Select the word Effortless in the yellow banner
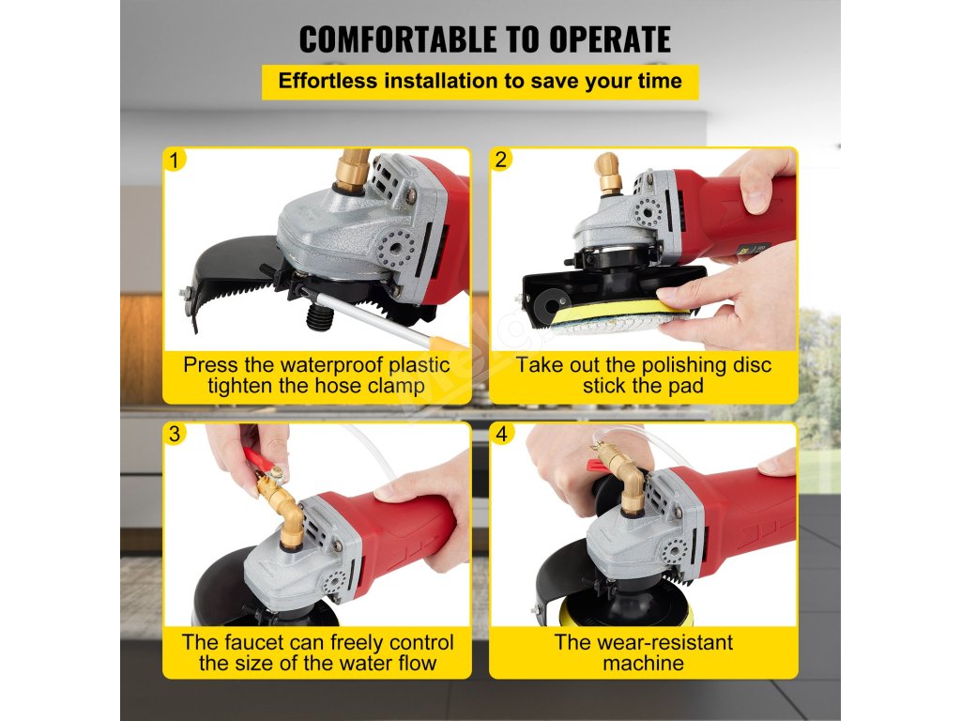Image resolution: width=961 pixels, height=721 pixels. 328,81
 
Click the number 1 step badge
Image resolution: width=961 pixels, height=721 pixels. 175,160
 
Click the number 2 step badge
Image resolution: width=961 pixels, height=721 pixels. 501,160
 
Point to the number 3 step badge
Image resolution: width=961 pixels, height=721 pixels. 175,434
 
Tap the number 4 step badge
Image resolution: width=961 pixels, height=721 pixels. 502,434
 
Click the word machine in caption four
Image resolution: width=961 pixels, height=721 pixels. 643,664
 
